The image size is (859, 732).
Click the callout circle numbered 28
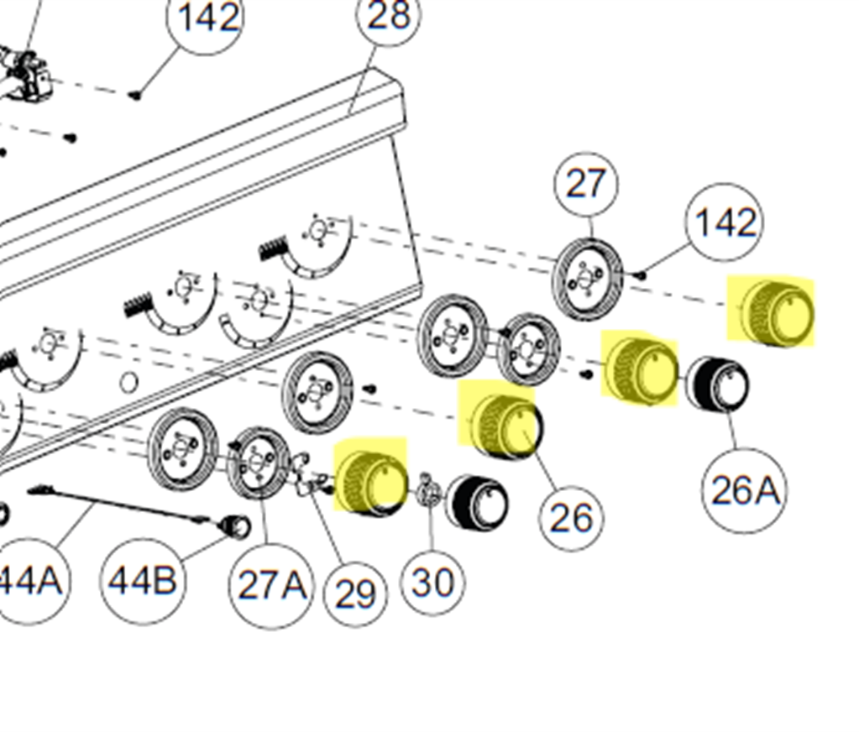[389, 17]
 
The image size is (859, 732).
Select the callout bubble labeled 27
[586, 185]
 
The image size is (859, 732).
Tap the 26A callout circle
[744, 491]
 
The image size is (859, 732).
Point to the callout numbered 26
[572, 518]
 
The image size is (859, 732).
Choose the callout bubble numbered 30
[433, 582]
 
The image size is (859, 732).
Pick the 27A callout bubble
[270, 586]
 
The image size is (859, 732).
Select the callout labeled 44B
[142, 580]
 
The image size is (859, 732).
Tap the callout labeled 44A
[29, 580]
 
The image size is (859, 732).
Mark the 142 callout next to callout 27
[725, 223]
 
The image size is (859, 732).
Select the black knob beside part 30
[477, 502]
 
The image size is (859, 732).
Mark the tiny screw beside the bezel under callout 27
[641, 274]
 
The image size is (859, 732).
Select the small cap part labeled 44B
[234, 526]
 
